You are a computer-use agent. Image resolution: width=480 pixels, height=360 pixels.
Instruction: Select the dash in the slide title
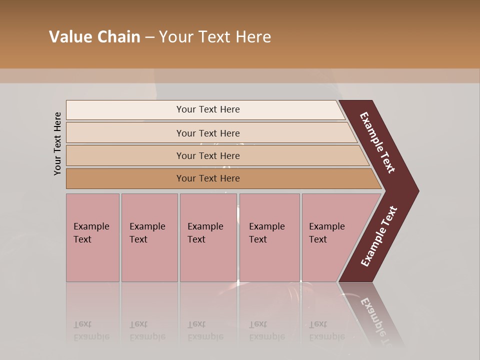[x=149, y=37]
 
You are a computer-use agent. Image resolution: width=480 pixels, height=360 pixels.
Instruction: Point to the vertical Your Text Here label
[x=57, y=143]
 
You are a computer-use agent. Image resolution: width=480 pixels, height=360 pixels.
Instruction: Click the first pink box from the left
[x=92, y=237]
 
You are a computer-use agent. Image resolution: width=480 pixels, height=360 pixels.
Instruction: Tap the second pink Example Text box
[x=149, y=237]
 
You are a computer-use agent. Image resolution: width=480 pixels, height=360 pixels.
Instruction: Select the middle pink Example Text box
[x=208, y=237]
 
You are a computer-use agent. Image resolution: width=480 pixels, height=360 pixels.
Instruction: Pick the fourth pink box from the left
[x=269, y=237]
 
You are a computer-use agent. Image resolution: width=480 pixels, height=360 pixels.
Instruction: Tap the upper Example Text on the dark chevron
[x=377, y=142]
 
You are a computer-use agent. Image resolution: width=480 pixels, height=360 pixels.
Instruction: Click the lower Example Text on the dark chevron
[x=379, y=236]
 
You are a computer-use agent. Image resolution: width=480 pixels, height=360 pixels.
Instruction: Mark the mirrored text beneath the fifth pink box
[x=326, y=330]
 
